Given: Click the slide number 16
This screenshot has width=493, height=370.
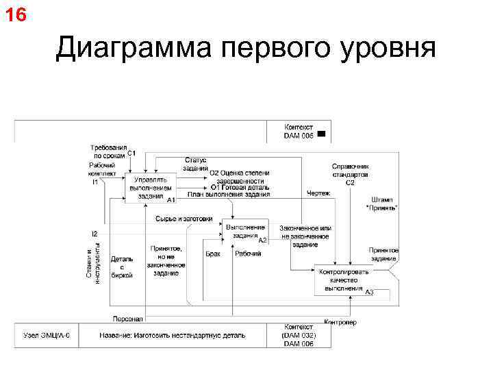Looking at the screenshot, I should [x=16, y=14].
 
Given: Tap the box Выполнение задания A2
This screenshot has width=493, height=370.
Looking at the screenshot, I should [x=244, y=231].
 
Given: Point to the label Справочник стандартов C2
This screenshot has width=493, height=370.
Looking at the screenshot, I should [x=350, y=174].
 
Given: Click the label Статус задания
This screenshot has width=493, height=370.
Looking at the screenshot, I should [x=195, y=164].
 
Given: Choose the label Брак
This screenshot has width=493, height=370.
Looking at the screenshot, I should [x=213, y=254].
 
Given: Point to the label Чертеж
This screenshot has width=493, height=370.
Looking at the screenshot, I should [x=318, y=193].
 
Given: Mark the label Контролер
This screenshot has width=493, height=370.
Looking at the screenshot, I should [x=340, y=322].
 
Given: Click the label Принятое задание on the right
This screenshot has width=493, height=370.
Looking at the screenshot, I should [x=383, y=254].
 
